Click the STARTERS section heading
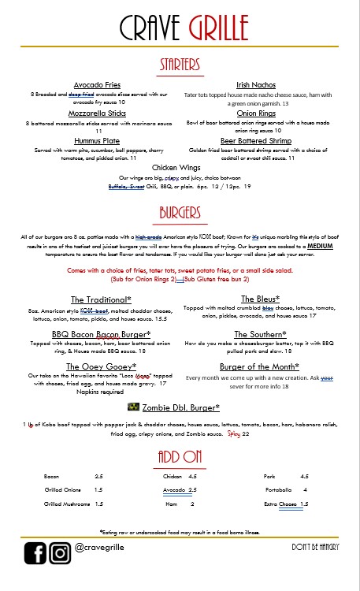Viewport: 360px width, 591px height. coord(180,63)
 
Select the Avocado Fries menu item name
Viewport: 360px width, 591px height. coord(97,84)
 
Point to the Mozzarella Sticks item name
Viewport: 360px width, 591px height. coord(97,113)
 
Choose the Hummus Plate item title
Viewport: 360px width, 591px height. coord(97,140)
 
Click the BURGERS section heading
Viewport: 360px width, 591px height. coord(180,213)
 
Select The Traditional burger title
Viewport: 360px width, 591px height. coord(100,299)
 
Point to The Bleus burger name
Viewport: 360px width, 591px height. coord(259,299)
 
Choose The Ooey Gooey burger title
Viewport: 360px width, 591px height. coord(101,366)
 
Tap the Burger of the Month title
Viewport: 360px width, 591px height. coord(258,366)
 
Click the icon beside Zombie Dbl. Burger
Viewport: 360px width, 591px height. coord(133,407)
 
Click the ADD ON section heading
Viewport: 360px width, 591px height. coord(180,458)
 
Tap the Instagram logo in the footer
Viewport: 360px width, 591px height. coord(60,554)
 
